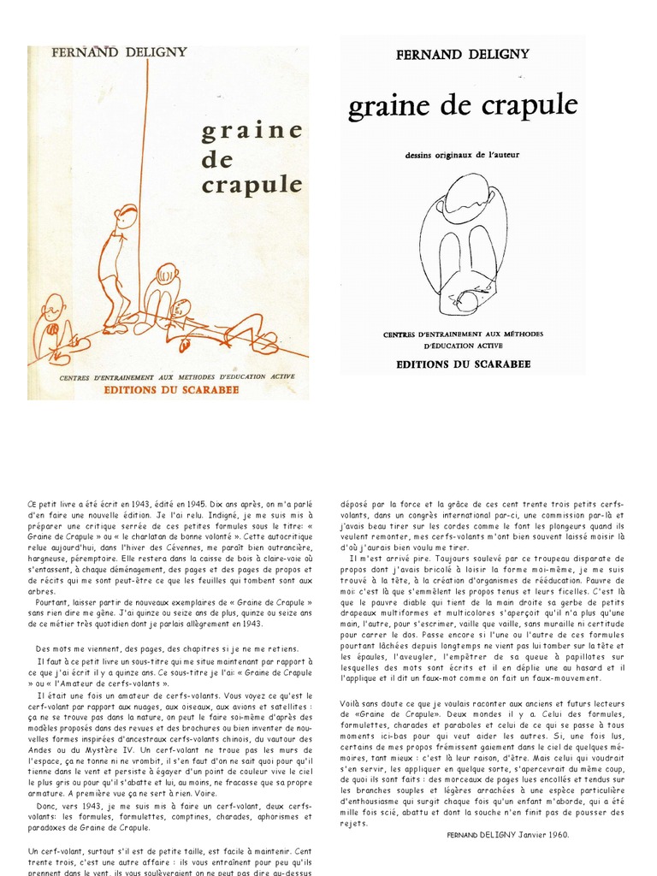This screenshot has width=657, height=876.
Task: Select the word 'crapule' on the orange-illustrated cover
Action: (252, 185)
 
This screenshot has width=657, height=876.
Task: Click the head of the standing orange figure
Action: (127, 216)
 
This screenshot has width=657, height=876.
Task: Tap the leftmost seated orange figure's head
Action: (53, 306)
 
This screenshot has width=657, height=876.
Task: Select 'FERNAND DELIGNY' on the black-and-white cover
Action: (463, 55)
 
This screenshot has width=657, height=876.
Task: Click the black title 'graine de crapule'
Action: (463, 107)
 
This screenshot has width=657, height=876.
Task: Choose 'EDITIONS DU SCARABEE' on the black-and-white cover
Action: (463, 364)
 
